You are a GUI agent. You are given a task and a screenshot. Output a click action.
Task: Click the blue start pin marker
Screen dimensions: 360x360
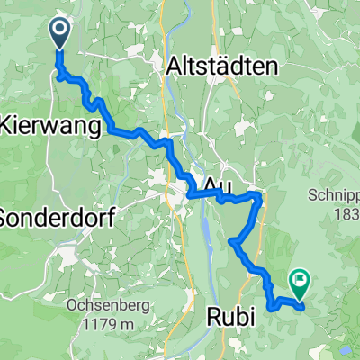59,33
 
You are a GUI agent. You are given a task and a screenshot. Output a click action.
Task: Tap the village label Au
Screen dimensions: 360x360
215,184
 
